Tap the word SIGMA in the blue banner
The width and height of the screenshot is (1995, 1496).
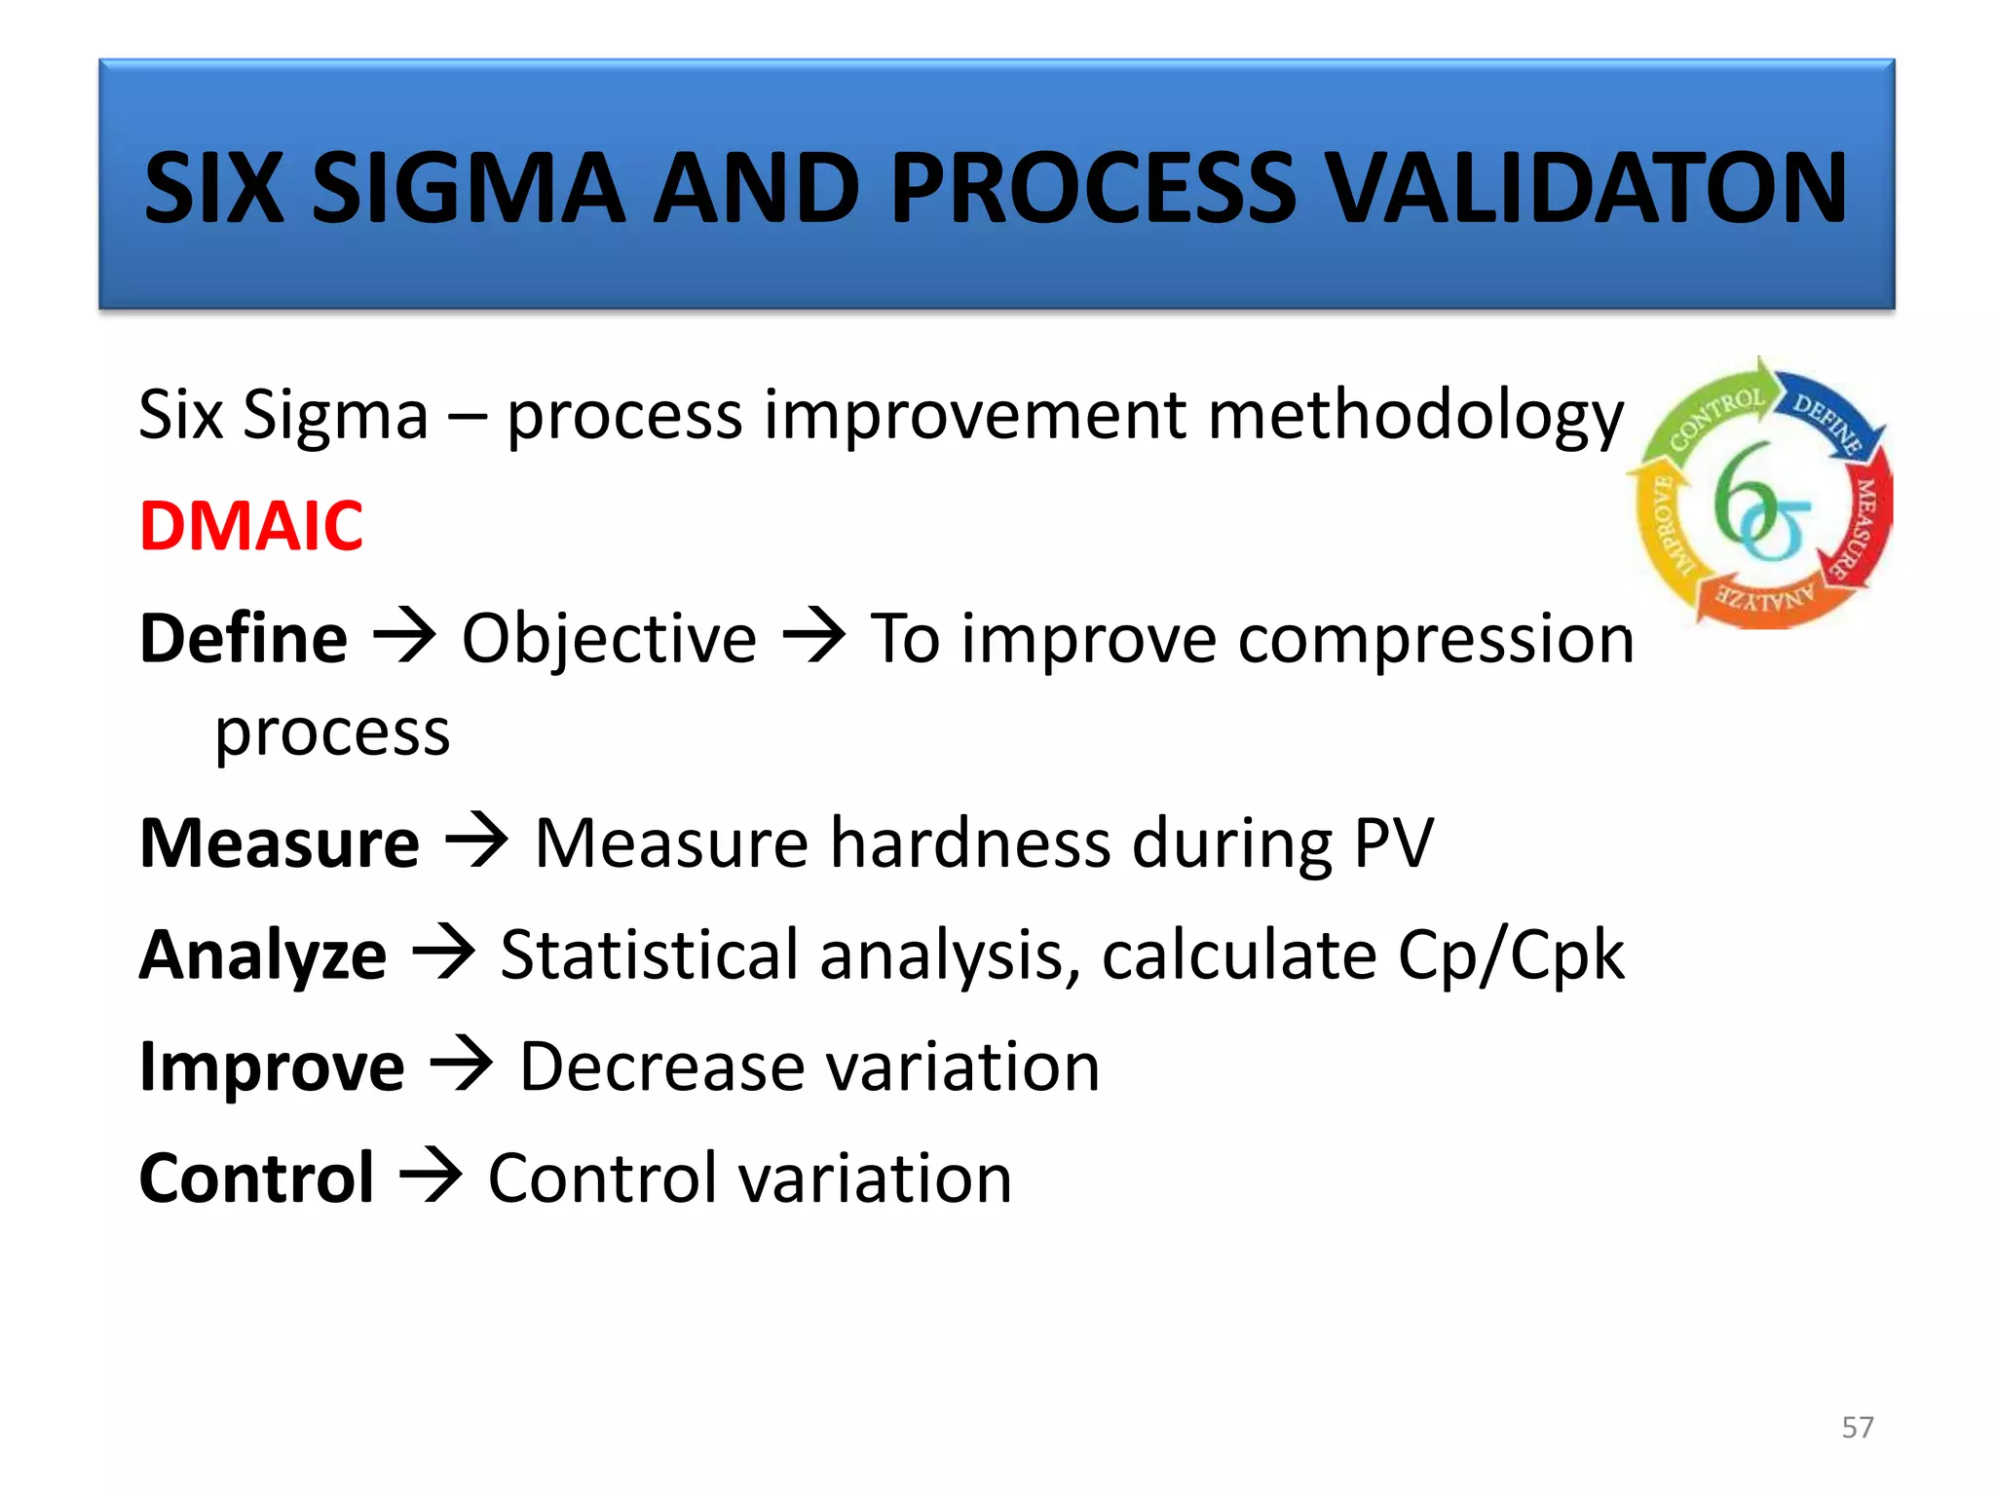(468, 187)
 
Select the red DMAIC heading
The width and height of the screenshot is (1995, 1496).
(251, 526)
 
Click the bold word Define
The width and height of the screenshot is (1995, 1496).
(244, 639)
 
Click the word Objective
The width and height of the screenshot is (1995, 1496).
(609, 639)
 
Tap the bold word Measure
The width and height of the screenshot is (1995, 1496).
(280, 843)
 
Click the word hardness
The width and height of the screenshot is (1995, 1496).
(969, 843)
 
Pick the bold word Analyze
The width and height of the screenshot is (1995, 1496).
(263, 955)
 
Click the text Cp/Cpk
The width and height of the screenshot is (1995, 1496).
(1511, 955)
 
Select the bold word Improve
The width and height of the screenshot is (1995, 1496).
(272, 1067)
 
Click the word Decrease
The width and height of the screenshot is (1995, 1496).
(662, 1067)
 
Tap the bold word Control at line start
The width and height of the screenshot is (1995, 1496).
(256, 1178)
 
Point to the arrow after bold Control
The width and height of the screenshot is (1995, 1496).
(432, 1177)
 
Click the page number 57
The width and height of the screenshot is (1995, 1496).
(1857, 1428)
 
